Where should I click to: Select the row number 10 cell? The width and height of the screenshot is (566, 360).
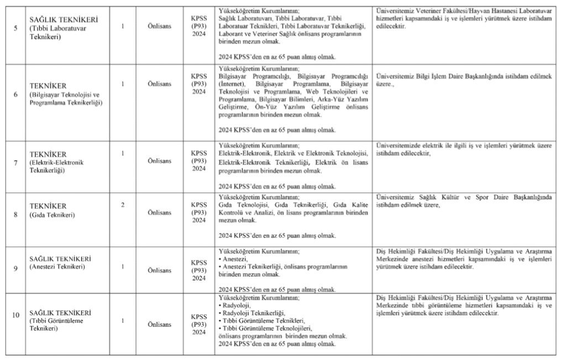15,316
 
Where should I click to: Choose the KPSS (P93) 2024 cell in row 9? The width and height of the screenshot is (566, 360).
198,271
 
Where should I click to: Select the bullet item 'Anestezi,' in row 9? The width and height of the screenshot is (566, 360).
235,259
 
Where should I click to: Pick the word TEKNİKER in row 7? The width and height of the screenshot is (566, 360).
48,154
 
